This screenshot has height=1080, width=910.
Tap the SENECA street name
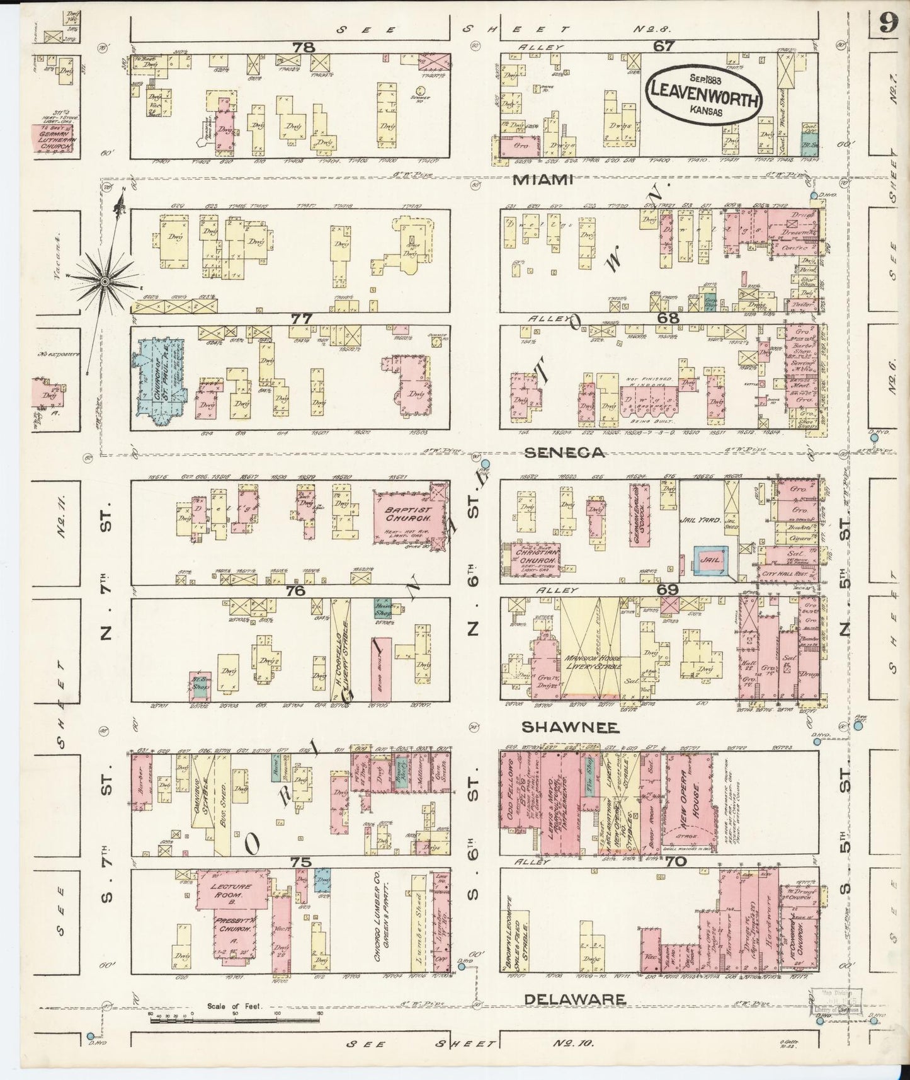tap(556, 452)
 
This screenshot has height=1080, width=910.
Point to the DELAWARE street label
tap(574, 999)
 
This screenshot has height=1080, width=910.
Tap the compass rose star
tap(105, 279)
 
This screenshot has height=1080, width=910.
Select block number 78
tap(306, 47)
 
